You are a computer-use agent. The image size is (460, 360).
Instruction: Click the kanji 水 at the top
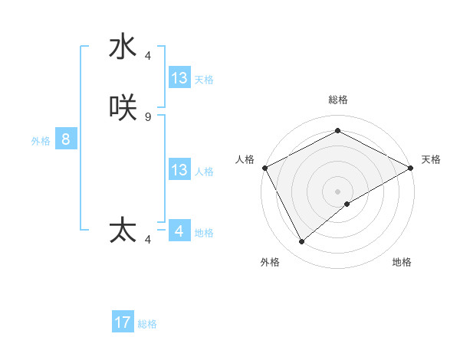[123, 47]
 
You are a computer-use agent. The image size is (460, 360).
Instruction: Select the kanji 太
[123, 231]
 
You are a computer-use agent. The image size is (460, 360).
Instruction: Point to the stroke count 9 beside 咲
[148, 116]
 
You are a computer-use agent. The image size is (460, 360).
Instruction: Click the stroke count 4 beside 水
[148, 55]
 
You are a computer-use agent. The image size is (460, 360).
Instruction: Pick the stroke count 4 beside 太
[148, 240]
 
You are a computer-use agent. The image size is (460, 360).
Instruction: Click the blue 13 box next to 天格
[179, 78]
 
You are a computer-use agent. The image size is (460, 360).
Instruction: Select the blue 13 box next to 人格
[179, 170]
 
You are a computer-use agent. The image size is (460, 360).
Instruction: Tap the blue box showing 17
[123, 322]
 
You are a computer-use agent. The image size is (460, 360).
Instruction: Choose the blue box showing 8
[66, 139]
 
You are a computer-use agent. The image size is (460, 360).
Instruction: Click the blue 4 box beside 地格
[179, 231]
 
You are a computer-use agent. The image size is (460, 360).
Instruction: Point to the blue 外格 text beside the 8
[41, 141]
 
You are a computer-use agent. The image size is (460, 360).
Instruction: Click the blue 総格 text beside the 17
[147, 324]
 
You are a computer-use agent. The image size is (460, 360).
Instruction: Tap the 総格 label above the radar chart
[337, 100]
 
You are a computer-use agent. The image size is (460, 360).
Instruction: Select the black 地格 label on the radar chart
[402, 263]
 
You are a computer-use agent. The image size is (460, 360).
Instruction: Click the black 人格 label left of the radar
[245, 159]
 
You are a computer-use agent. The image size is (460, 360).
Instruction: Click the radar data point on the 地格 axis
[347, 204]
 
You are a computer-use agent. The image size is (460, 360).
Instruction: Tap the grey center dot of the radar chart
[337, 191]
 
